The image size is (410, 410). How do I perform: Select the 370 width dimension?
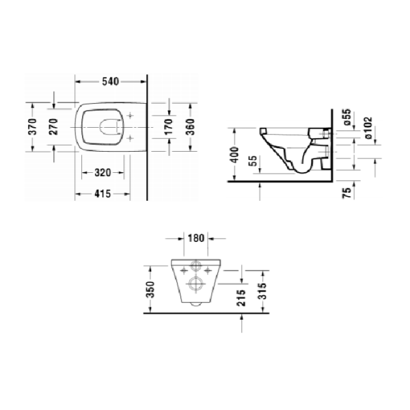pyautogui.click(x=33, y=128)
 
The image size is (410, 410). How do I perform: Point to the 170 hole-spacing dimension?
pyautogui.click(x=167, y=126)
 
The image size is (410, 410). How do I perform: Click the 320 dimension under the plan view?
pyautogui.click(x=103, y=172)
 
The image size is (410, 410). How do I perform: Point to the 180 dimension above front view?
pyautogui.click(x=197, y=239)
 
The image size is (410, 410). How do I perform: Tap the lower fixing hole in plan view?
pyautogui.click(x=129, y=138)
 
